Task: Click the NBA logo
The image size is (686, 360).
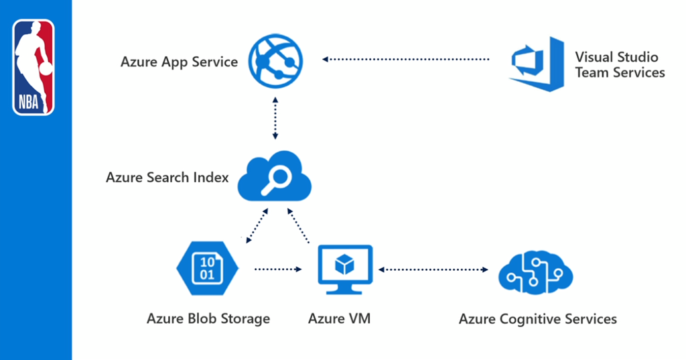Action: coord(33,67)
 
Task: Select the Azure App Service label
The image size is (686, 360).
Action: coord(179,62)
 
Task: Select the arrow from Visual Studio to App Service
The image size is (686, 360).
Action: coord(405,60)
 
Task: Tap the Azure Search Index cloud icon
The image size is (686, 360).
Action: coord(275,177)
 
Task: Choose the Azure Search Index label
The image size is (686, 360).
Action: coord(167,178)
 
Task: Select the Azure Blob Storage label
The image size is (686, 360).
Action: coord(208,318)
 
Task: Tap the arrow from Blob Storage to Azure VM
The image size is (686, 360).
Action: coord(278,269)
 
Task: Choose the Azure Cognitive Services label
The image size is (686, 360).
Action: coord(537,318)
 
